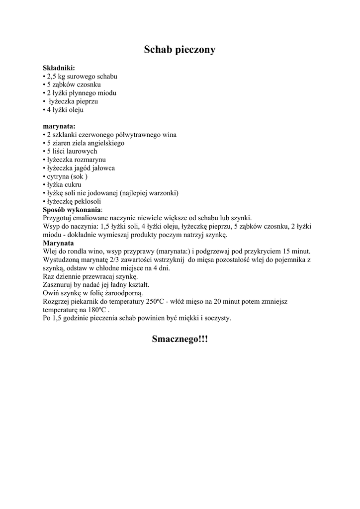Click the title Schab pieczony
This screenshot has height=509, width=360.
180,50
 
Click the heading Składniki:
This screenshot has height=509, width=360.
59,68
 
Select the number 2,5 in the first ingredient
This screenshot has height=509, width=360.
52,77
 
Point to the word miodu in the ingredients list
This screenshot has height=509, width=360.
106,93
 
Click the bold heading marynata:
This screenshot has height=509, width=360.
59,126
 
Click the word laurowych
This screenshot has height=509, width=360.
83,151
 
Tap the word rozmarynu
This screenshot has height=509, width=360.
90,160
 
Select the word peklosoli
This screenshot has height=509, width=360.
88,201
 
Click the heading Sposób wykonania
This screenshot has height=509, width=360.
72,210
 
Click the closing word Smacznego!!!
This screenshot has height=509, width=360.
180,339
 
